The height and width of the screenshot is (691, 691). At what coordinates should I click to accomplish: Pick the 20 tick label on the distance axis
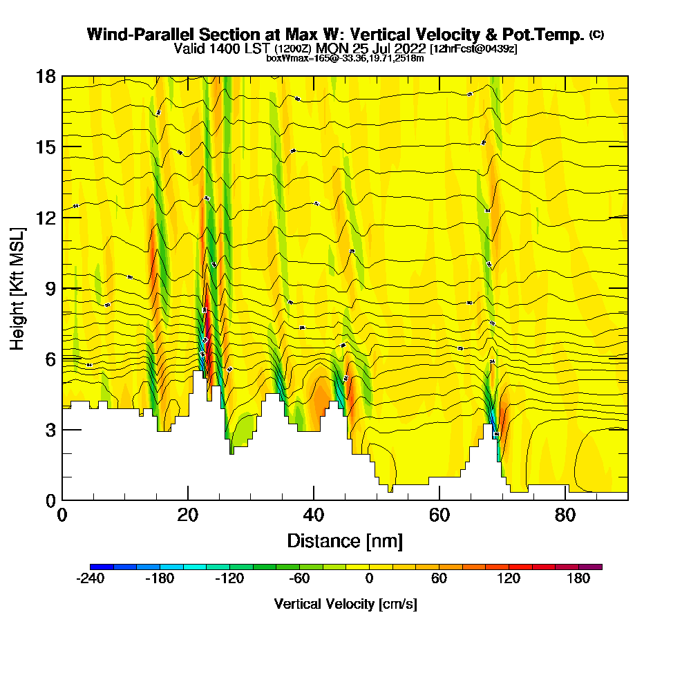coord(188,515)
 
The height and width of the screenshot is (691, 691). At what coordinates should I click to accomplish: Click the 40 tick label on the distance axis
coord(314,515)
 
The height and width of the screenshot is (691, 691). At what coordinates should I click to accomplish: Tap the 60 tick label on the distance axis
coord(439,515)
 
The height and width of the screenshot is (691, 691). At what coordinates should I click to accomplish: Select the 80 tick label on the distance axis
coord(565,515)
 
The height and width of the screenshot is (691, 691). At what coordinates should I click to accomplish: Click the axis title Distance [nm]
coord(345,540)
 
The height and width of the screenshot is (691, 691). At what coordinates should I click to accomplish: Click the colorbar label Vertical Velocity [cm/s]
coord(345,605)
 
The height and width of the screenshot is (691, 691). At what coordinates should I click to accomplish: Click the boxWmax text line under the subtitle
coord(345,58)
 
